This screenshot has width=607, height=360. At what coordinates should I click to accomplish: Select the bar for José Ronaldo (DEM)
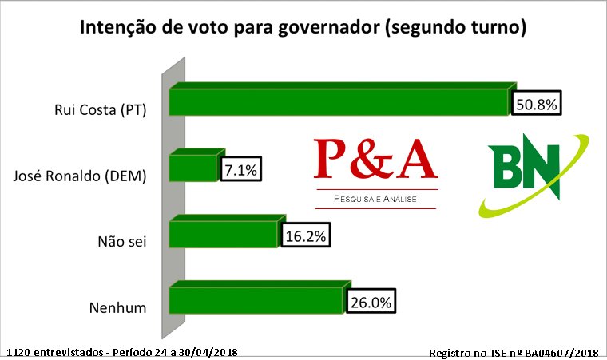tap(194, 168)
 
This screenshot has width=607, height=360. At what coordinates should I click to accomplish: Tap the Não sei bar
tap(224, 235)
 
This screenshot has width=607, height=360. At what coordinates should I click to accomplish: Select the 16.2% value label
tap(306, 236)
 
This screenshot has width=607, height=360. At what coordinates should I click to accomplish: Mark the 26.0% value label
tap(372, 302)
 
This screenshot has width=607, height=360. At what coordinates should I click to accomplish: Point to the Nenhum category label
tap(117, 307)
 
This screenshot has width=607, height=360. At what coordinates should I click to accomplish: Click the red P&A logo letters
tap(375, 159)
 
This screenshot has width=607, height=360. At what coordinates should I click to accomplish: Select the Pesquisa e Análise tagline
tap(375, 197)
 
